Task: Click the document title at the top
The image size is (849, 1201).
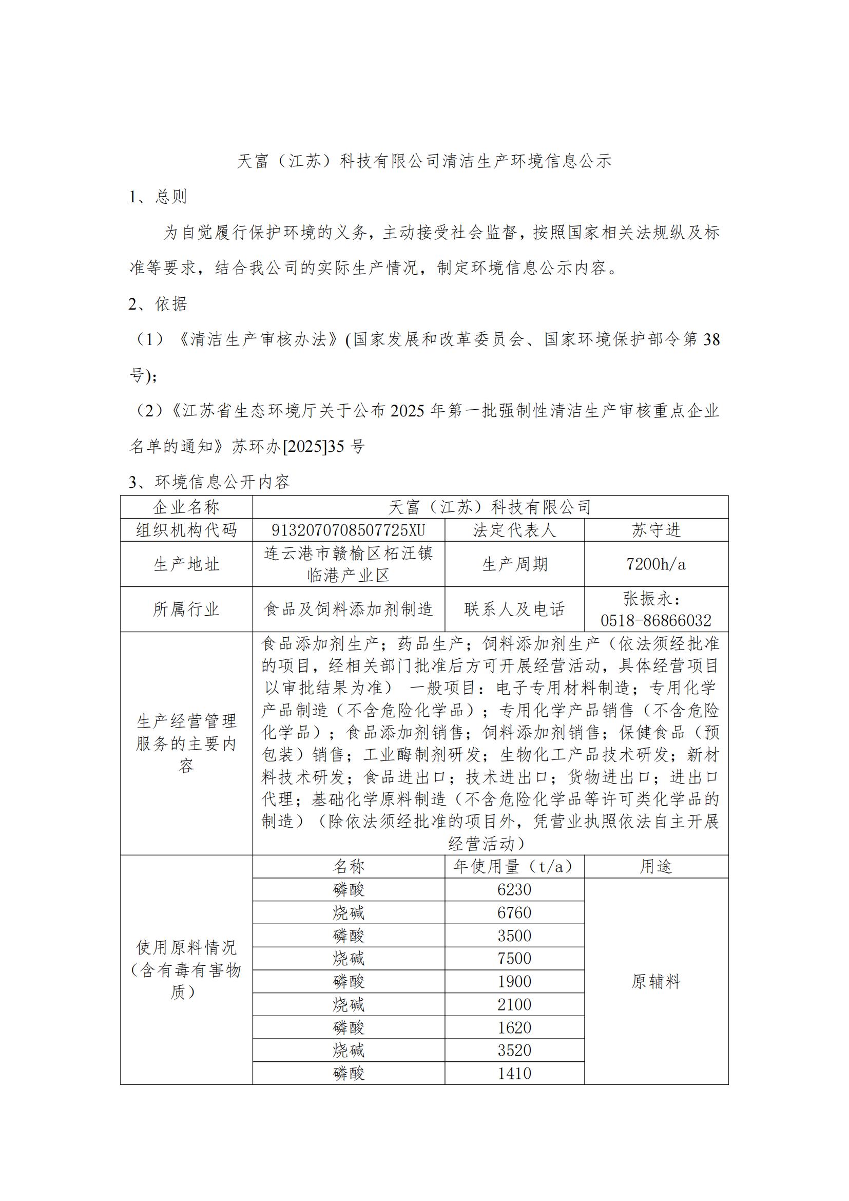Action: pyautogui.click(x=424, y=161)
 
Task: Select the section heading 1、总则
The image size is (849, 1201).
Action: pyautogui.click(x=158, y=197)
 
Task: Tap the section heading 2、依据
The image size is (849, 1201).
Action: pyautogui.click(x=158, y=304)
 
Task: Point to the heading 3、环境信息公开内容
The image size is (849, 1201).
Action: pyautogui.click(x=209, y=482)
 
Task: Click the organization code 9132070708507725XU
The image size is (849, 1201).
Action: pyautogui.click(x=348, y=530)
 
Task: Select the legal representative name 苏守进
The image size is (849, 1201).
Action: pyautogui.click(x=656, y=530)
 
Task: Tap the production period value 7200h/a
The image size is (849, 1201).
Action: pyautogui.click(x=656, y=564)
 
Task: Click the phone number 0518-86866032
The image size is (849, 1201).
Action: pyautogui.click(x=656, y=621)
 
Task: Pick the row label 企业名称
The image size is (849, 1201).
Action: pyautogui.click(x=187, y=507)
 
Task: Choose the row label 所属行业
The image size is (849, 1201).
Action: pyautogui.click(x=187, y=609)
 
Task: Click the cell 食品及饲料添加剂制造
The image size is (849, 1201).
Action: pyautogui.click(x=348, y=609)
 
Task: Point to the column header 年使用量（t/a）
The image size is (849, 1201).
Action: pyautogui.click(x=514, y=867)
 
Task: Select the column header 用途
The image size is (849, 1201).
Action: pyautogui.click(x=656, y=867)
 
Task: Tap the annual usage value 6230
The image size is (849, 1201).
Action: pyautogui.click(x=514, y=890)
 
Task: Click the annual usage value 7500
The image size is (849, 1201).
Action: pyautogui.click(x=514, y=959)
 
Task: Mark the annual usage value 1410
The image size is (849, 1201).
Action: pyautogui.click(x=514, y=1073)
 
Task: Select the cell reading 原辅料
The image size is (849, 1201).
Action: pyautogui.click(x=656, y=982)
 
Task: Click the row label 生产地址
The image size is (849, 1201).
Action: pyautogui.click(x=187, y=564)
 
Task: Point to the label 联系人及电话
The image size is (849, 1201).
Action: pyautogui.click(x=514, y=609)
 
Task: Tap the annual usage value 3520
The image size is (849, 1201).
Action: pyautogui.click(x=514, y=1051)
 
